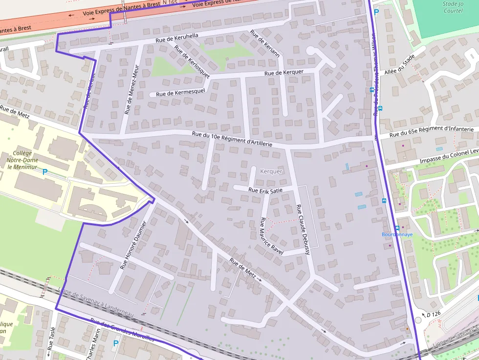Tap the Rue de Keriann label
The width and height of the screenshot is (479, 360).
click(x=264, y=43)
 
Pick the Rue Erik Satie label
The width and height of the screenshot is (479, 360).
click(x=265, y=190)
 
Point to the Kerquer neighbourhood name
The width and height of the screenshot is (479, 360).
click(x=271, y=171)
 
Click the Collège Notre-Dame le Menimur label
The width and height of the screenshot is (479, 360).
click(x=22, y=160)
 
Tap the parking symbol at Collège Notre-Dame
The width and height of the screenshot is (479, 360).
click(x=45, y=172)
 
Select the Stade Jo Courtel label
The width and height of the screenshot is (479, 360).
click(x=452, y=7)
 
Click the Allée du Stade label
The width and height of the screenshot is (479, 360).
click(x=399, y=65)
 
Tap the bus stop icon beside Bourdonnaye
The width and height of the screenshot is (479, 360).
click(x=397, y=228)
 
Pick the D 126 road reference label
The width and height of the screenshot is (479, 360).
click(x=434, y=314)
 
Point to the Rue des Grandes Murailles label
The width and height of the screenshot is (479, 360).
click(x=122, y=330)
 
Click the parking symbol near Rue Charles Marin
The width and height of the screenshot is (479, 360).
click(x=116, y=343)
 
